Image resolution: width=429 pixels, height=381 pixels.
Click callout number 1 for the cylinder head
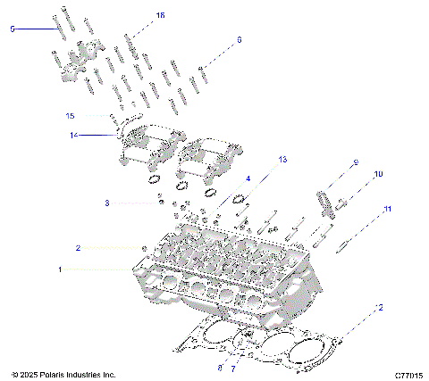tap(61, 268)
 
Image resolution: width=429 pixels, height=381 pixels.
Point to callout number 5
tap(13, 29)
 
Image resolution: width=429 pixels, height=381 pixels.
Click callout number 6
tap(239, 40)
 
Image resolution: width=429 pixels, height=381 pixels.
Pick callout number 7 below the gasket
tap(235, 367)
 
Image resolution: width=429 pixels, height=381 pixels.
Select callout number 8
tap(220, 367)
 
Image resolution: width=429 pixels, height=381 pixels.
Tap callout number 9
tap(355, 162)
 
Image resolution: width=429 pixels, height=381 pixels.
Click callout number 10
tap(378, 174)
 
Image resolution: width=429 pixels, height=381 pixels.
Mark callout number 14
tap(75, 136)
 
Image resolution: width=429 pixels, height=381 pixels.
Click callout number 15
tap(70, 116)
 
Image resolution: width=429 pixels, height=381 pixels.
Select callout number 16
tap(161, 16)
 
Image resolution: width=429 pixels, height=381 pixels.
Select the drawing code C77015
tap(407, 374)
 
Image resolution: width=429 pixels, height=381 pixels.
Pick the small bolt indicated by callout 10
tap(342, 203)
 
